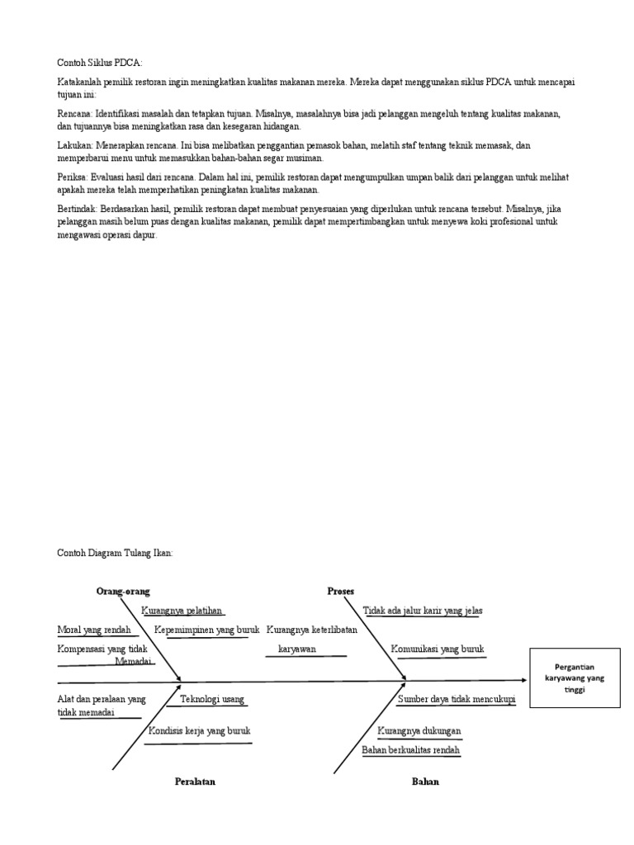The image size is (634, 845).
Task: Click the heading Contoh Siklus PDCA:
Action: pos(99,63)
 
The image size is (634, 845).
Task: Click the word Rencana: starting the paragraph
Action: pos(75,112)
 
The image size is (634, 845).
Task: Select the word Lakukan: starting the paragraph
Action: pos(75,145)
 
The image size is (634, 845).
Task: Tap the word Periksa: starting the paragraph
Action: pos(74,177)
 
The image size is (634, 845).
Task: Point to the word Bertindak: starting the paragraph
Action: pos(78,210)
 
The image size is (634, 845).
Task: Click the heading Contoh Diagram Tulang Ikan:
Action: pos(114,554)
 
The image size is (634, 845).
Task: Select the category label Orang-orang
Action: pos(123,591)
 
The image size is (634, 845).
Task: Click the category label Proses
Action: pos(340,591)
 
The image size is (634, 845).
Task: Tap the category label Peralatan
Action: pos(195,781)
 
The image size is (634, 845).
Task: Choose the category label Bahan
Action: pos(425,781)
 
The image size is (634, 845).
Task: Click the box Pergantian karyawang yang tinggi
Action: pos(570,678)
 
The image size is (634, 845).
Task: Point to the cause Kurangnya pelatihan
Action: pos(182,611)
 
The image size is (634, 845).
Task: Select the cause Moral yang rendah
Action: pos(94,630)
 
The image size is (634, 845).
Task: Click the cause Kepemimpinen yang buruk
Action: pos(207,630)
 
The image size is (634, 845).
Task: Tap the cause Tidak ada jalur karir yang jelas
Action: pos(423,611)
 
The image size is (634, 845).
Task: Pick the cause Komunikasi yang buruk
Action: pos(438,649)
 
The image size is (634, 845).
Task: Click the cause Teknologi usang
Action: pos(212,700)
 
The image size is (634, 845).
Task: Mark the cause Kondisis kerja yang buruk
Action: pos(199,731)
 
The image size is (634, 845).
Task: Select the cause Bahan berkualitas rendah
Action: pos(411,750)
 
